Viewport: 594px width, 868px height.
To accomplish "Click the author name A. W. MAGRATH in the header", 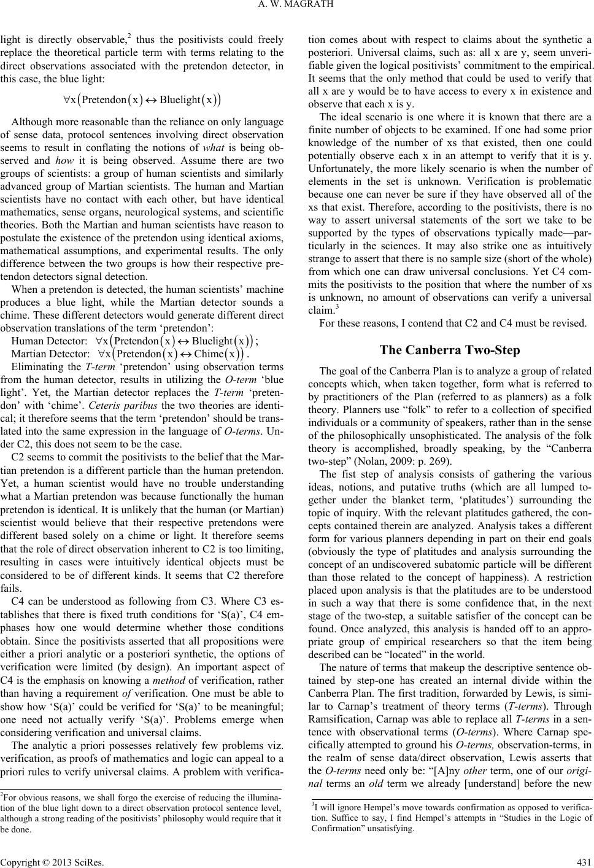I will pos(296,7).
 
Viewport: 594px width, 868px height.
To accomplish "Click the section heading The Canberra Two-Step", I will pos(450,351).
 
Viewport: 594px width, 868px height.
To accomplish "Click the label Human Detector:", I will pos(48,341).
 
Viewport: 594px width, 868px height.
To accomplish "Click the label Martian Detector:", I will pos(50,354).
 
